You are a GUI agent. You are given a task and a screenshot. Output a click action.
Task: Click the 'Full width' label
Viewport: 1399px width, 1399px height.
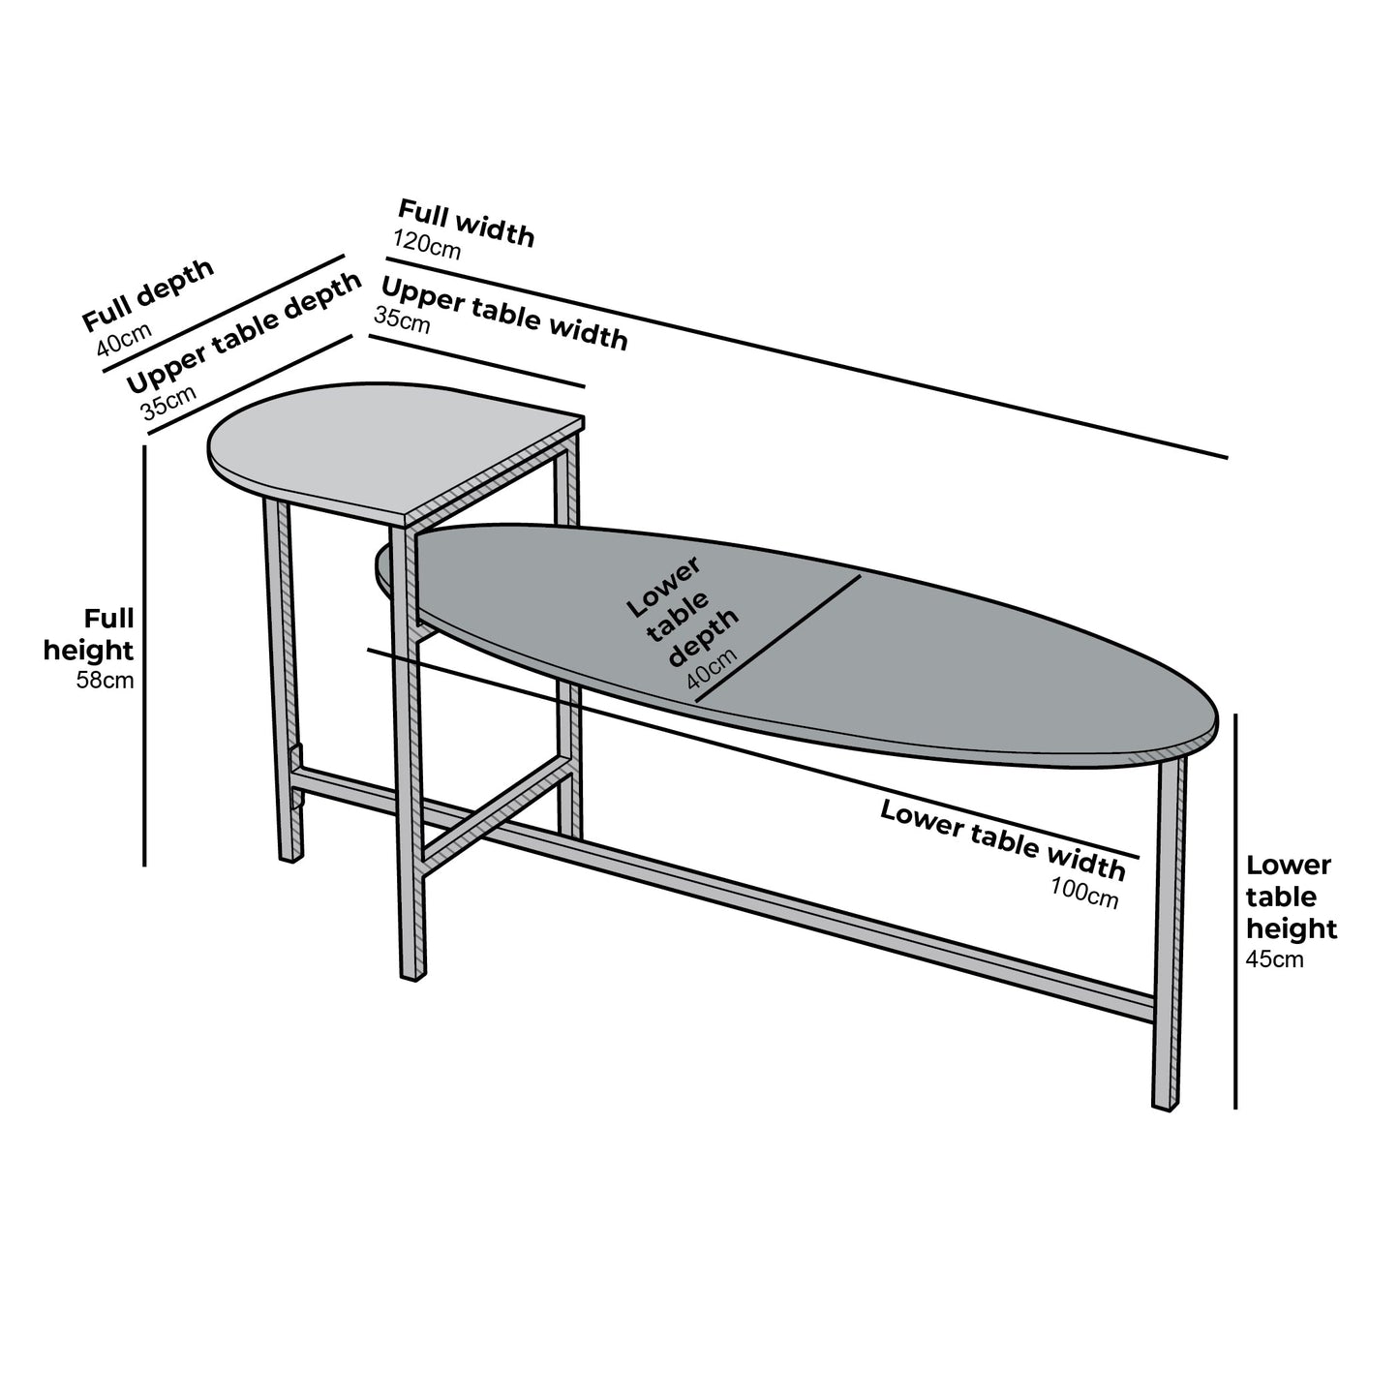point(466,223)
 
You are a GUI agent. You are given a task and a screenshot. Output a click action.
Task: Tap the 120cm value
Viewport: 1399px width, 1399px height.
point(427,245)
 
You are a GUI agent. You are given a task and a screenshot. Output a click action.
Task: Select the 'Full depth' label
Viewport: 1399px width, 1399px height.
point(147,294)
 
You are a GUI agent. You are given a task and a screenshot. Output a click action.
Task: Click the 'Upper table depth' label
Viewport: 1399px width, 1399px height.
point(243,331)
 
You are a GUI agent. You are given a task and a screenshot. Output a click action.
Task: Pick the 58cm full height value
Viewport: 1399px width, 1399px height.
point(105,681)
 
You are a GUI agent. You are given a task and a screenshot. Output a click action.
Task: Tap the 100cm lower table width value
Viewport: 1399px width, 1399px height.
point(1084,890)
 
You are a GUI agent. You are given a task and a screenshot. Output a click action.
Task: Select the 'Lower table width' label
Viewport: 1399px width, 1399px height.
point(1002,840)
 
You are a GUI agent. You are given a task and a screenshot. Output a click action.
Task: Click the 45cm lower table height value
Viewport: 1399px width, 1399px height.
point(1274,959)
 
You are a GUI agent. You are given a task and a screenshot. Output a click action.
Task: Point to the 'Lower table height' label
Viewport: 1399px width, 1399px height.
point(1291,897)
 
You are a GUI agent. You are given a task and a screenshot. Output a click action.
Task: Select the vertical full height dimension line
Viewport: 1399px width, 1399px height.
point(145,658)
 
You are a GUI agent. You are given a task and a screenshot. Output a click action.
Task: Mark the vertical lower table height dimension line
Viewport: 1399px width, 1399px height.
point(1236,910)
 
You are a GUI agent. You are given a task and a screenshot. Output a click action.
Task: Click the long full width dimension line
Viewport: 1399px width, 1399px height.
point(804,357)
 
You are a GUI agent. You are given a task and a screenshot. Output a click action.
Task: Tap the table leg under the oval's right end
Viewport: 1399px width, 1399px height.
point(1170,929)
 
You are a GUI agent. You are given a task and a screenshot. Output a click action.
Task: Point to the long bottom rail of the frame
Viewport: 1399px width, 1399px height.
point(775,905)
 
